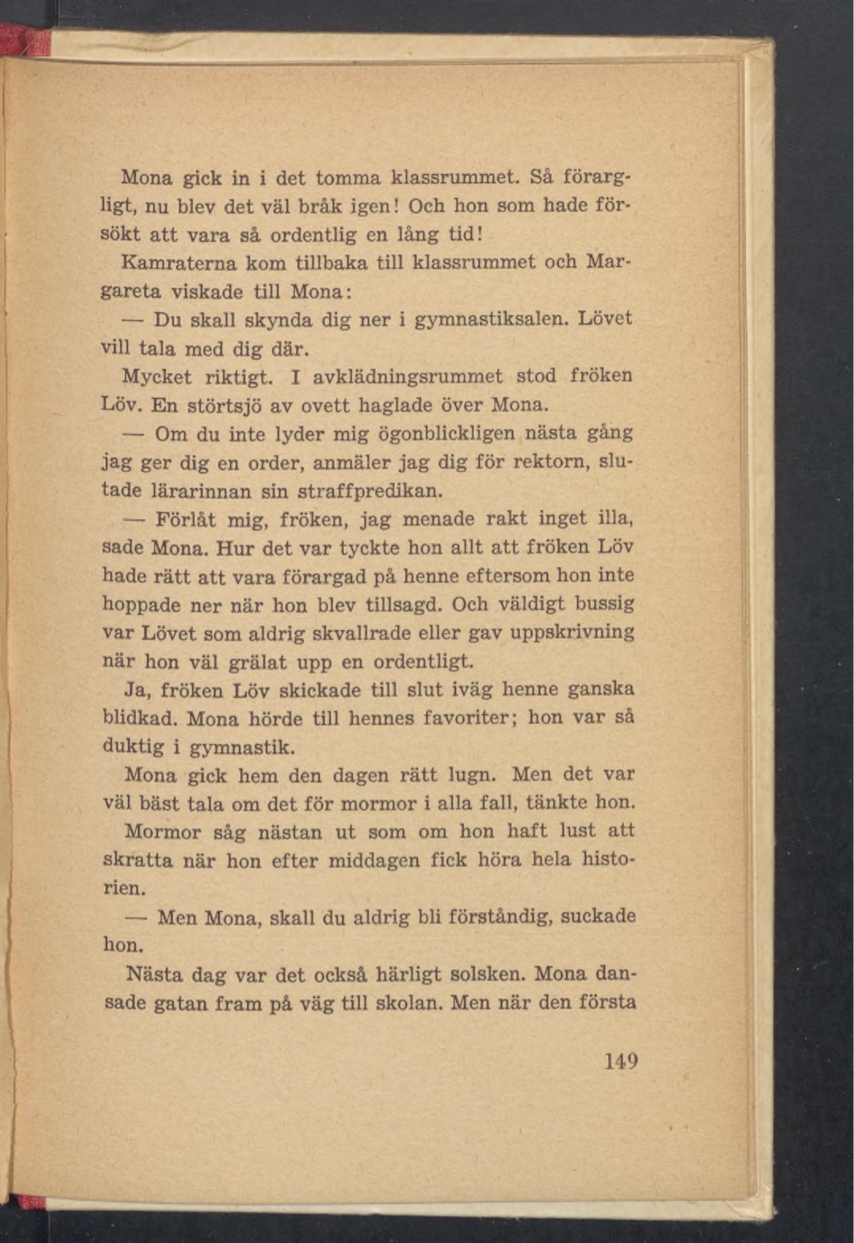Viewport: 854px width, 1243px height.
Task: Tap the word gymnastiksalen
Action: pos(491,320)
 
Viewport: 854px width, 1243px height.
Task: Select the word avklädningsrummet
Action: pos(408,377)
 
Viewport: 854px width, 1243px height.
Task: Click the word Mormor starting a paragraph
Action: pos(163,832)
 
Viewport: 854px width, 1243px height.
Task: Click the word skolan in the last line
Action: pos(409,1003)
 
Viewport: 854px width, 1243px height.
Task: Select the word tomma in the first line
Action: pos(348,177)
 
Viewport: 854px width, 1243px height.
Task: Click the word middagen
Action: pos(373,861)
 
